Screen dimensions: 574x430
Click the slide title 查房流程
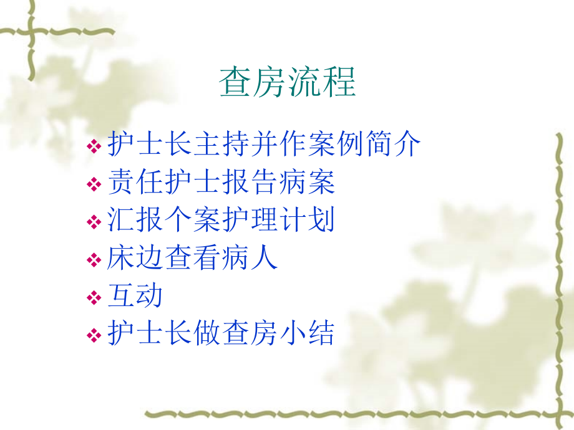pos(288,82)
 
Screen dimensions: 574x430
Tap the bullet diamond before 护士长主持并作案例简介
pos(94,146)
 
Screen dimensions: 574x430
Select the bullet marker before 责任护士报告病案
pos(94,184)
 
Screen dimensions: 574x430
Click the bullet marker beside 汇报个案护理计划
pos(94,222)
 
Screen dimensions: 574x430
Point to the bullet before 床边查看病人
pos(94,260)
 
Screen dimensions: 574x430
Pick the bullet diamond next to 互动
pos(94,298)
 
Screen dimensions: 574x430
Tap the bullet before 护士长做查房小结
pos(94,335)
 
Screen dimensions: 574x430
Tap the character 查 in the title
pos(235,82)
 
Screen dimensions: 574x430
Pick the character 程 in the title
pos(339,82)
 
